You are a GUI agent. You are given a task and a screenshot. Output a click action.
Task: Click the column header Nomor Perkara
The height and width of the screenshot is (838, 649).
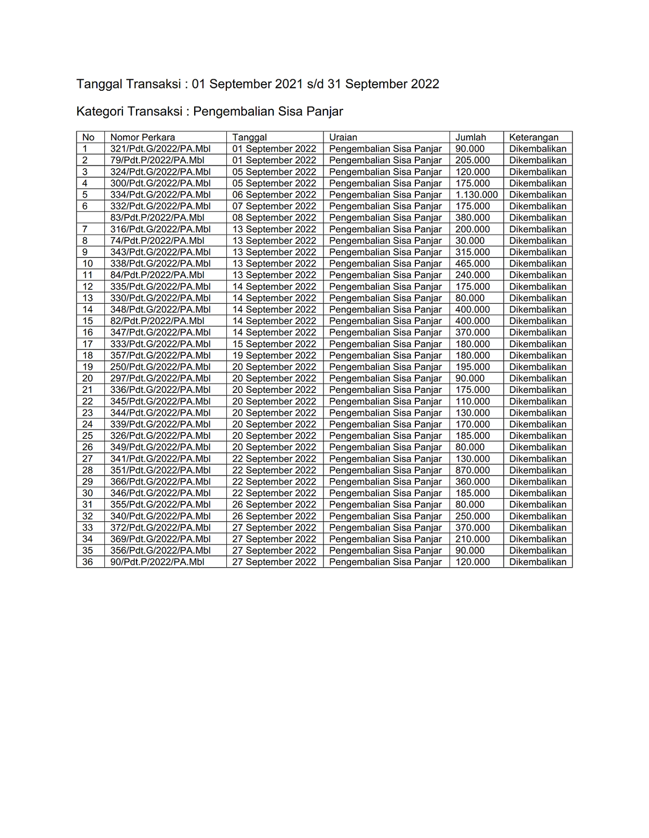pos(142,137)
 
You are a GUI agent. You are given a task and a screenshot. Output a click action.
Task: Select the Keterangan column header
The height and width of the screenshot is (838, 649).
pos(533,137)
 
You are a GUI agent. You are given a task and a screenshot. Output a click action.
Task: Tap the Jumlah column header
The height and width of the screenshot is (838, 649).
pos(470,137)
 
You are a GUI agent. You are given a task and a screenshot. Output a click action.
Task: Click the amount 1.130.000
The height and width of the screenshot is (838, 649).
pos(476,195)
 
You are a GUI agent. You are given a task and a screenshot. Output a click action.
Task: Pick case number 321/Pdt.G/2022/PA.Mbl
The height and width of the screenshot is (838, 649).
pos(160,149)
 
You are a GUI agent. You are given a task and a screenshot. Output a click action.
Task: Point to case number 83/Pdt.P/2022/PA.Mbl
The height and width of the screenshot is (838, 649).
pos(157,218)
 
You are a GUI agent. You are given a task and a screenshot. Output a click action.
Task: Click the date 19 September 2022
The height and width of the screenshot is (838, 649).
pos(274,356)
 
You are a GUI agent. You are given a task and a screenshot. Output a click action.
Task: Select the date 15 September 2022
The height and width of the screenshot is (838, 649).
pos(274,344)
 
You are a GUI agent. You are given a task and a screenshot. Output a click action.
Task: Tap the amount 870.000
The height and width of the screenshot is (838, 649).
pos(472,470)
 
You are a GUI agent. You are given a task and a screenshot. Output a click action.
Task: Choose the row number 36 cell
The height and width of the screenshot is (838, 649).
pos(88,562)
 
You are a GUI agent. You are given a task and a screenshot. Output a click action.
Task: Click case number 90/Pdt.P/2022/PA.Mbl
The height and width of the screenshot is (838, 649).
pos(157,562)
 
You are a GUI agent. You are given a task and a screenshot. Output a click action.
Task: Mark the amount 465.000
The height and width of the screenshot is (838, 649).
pos(472,264)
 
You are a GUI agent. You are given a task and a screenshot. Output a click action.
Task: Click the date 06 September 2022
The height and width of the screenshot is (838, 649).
pos(274,195)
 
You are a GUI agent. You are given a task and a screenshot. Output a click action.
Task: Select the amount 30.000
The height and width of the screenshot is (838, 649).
pos(469,241)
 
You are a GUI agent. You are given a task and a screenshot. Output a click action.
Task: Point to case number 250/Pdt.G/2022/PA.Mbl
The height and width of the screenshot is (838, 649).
pos(160,367)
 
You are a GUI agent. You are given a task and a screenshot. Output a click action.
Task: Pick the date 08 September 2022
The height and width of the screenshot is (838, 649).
pos(274,218)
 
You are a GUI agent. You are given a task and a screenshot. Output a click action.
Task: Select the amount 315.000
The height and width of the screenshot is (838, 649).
pos(472,252)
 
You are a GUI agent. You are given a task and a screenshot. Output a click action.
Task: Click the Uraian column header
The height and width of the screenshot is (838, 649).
pos(343,137)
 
